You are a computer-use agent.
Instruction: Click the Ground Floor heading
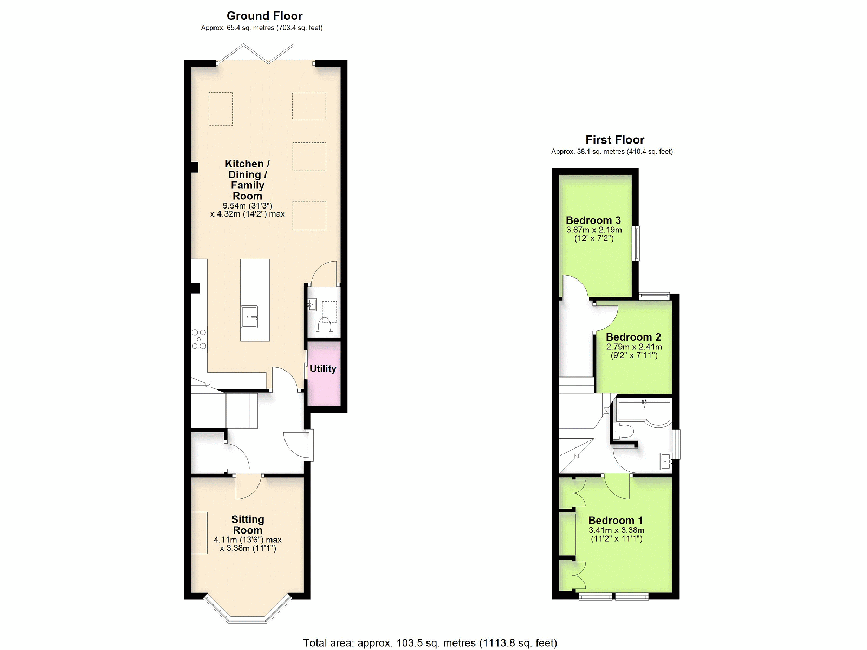pos(264,16)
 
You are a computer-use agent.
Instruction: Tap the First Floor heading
pos(614,140)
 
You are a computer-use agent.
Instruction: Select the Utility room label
pos(323,369)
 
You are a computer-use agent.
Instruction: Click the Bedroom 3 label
pos(593,220)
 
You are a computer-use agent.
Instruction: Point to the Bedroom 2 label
pos(633,337)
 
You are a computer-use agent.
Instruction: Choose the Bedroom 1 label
pos(616,520)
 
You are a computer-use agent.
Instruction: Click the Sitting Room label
pos(248,525)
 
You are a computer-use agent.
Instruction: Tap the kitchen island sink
pos(250,316)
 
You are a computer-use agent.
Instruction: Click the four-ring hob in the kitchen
pos(199,339)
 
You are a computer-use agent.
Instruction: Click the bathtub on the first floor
pos(644,414)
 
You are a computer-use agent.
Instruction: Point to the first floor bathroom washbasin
pos(667,461)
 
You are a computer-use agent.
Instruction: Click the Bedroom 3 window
pos(636,243)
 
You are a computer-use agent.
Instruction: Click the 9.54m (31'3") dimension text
pos(248,206)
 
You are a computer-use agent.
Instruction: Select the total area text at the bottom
pos(430,643)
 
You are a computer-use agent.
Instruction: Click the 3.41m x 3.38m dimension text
pos(616,530)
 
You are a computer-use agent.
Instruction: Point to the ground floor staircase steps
pos(241,411)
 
